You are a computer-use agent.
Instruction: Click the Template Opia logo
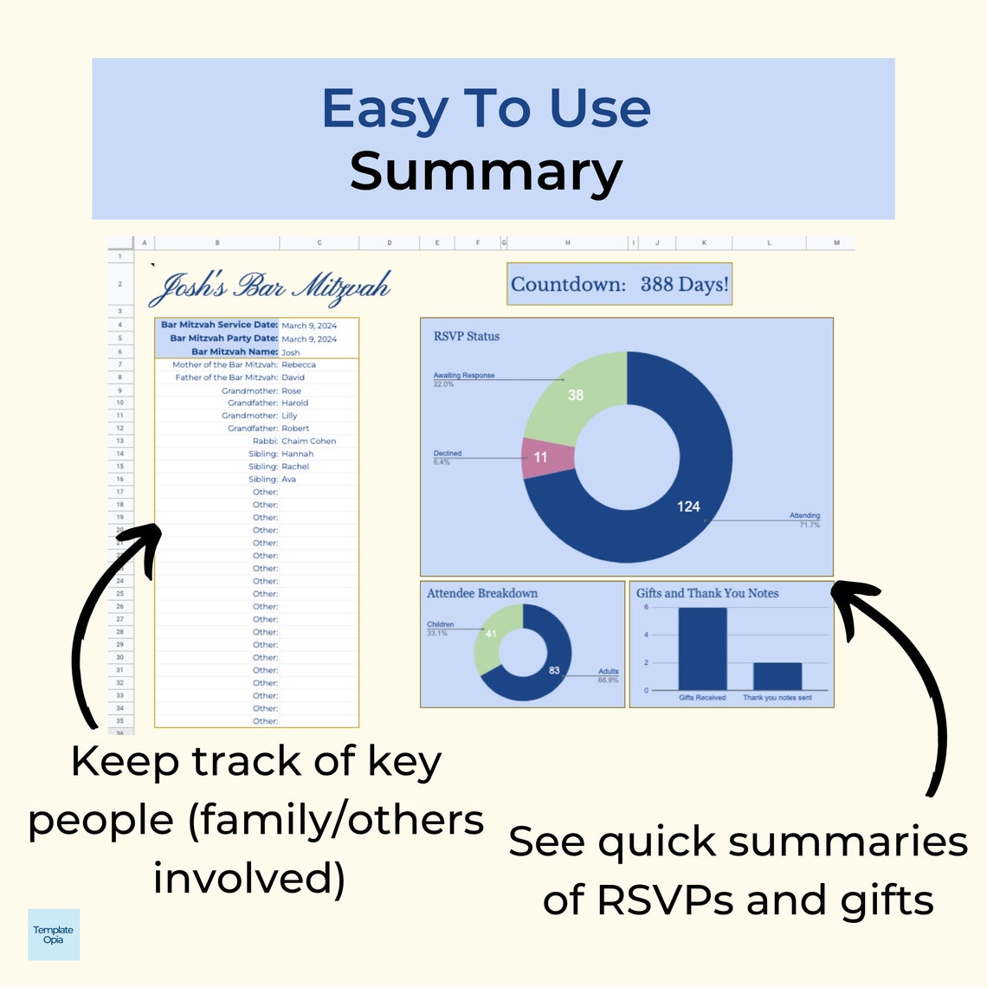[54, 934]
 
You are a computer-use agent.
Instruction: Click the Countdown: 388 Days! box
[619, 284]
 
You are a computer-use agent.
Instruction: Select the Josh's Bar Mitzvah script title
[270, 287]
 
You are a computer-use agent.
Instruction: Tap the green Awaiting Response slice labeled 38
[576, 395]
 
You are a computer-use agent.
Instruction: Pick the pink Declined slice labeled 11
[541, 457]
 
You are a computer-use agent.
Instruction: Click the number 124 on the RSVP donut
[688, 506]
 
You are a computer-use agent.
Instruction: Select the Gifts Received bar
[702, 648]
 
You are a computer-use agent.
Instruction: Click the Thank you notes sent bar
[777, 676]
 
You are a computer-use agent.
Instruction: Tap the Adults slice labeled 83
[554, 670]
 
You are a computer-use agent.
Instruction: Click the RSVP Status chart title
[467, 336]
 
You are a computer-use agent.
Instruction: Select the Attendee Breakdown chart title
[482, 593]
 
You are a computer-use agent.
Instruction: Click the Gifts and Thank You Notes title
[707, 593]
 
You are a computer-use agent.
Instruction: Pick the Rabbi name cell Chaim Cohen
[308, 441]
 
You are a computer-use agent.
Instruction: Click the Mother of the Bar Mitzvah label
[225, 364]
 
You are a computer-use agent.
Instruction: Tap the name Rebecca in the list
[299, 364]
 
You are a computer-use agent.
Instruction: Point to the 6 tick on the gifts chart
[646, 607]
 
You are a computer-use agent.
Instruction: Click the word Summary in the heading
[486, 171]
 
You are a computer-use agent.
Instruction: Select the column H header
[568, 243]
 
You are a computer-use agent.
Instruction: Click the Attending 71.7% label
[804, 519]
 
